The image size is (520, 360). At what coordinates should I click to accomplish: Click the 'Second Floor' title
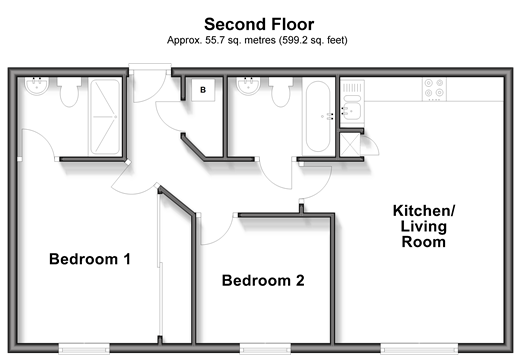click(259, 24)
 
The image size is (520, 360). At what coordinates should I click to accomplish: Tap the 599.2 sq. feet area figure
click(314, 40)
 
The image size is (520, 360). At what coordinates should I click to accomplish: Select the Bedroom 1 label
click(90, 259)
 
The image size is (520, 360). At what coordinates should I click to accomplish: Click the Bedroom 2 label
click(263, 280)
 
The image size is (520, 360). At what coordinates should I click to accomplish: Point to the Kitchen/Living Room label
click(424, 226)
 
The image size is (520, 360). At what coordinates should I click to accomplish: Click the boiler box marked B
click(203, 90)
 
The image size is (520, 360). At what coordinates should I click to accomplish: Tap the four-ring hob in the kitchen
click(434, 89)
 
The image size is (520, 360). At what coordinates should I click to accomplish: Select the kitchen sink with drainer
click(352, 102)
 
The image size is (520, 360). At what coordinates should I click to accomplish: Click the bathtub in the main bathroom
click(318, 117)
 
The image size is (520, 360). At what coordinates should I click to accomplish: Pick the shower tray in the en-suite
click(105, 117)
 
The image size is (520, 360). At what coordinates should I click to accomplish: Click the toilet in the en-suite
click(69, 92)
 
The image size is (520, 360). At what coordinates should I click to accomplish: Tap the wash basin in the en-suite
click(37, 86)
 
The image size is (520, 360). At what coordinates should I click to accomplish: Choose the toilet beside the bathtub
click(281, 92)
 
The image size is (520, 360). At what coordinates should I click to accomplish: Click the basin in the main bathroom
click(248, 86)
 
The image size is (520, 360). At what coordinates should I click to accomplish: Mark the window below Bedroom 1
click(84, 349)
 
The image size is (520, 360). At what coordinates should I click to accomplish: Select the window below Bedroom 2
click(265, 349)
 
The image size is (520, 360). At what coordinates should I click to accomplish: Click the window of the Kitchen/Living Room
click(420, 349)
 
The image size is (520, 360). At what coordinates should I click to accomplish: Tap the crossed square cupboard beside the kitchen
click(350, 144)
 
